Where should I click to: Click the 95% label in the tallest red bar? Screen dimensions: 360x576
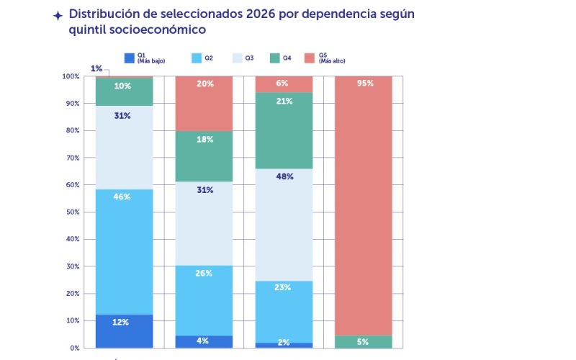pos(365,84)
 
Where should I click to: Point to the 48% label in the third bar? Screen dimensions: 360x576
pos(284,176)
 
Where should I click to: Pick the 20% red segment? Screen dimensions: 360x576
pos(204,103)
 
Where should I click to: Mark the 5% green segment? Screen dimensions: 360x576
pos(365,341)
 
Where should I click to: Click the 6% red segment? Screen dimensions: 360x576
pos(284,84)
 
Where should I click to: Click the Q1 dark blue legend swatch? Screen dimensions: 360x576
pos(130,58)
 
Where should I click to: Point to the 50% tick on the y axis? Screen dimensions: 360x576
pos(70,212)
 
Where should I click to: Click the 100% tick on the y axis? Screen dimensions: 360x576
pos(70,76)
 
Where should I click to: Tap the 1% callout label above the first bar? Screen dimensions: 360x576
pos(96,68)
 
